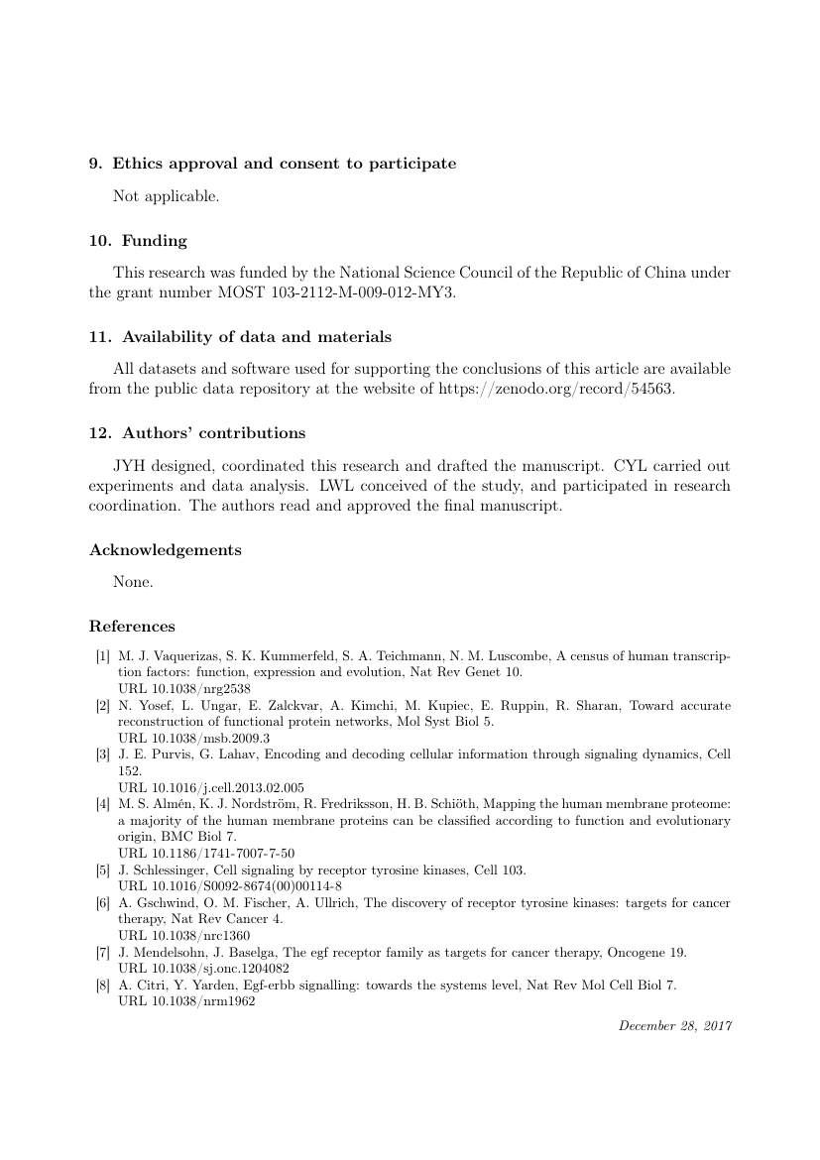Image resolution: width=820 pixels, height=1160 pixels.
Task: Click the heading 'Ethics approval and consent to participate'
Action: [x=285, y=164]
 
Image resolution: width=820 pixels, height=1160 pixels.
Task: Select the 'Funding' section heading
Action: [x=154, y=241]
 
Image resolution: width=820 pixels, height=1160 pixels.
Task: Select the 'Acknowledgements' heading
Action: [x=166, y=550]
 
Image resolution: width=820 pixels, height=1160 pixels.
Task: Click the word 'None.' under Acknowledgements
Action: [x=133, y=582]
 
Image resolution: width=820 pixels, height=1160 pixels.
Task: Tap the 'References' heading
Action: [x=132, y=627]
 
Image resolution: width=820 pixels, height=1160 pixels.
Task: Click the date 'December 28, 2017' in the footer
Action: [x=674, y=1025]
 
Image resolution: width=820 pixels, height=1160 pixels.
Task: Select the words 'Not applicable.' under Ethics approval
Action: [x=166, y=196]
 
